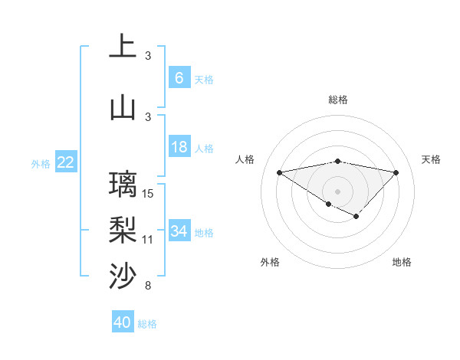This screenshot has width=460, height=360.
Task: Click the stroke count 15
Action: tap(149, 194)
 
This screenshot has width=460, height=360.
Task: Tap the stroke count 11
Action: tap(148, 240)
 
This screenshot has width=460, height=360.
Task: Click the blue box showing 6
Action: tap(179, 77)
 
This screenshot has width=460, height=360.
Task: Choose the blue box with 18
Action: tap(179, 147)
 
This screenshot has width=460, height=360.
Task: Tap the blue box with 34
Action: tap(179, 231)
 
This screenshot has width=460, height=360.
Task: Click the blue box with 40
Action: tap(122, 322)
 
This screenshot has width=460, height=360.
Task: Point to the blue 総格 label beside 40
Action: tap(147, 324)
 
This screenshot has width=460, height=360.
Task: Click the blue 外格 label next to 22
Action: tap(41, 163)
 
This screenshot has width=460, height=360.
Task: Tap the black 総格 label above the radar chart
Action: tap(337, 100)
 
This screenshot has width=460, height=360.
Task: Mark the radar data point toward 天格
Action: tap(396, 172)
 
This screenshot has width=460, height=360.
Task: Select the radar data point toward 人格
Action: tap(279, 172)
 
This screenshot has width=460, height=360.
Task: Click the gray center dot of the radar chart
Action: tap(337, 190)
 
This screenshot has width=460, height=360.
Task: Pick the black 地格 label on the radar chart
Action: tap(402, 262)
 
